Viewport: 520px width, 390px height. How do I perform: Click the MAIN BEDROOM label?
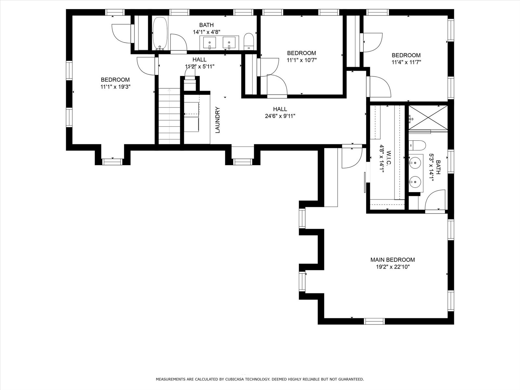click(393, 260)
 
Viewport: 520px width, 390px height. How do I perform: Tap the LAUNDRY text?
click(218, 120)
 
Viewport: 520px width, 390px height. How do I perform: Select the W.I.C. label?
click(388, 158)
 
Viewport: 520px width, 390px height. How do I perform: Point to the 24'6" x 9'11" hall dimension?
click(280, 116)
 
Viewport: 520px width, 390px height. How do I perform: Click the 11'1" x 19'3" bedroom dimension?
click(115, 87)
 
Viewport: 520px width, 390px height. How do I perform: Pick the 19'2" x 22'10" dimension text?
click(393, 267)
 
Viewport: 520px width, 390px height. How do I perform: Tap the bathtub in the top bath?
click(160, 33)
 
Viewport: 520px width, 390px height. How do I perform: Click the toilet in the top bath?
click(249, 41)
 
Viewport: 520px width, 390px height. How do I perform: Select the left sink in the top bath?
click(210, 43)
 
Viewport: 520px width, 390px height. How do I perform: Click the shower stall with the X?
click(428, 118)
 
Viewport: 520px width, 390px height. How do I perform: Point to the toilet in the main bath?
click(417, 145)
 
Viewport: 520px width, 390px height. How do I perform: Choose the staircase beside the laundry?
click(169, 116)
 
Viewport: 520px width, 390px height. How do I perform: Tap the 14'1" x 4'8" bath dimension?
click(207, 32)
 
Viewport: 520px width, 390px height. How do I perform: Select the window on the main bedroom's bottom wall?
click(374, 321)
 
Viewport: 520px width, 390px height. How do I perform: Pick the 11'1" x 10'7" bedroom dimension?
click(302, 60)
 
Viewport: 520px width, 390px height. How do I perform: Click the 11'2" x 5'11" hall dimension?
click(200, 67)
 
